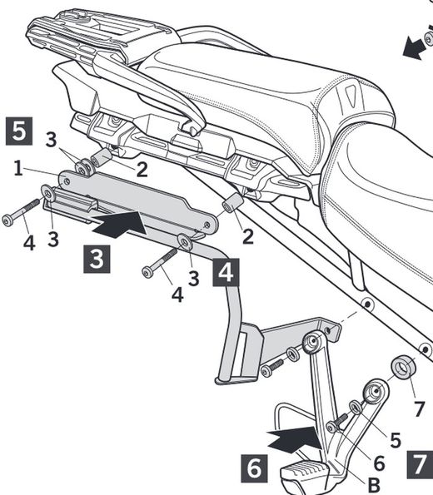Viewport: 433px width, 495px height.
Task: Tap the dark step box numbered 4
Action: click(x=226, y=271)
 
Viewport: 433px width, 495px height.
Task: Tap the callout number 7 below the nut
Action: click(x=419, y=408)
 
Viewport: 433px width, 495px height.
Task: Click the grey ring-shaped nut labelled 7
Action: click(x=405, y=367)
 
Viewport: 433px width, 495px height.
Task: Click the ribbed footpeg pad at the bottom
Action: click(x=309, y=478)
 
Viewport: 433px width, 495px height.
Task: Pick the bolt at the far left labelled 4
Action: click(x=21, y=212)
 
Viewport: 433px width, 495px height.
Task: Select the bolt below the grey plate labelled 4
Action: click(x=162, y=262)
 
